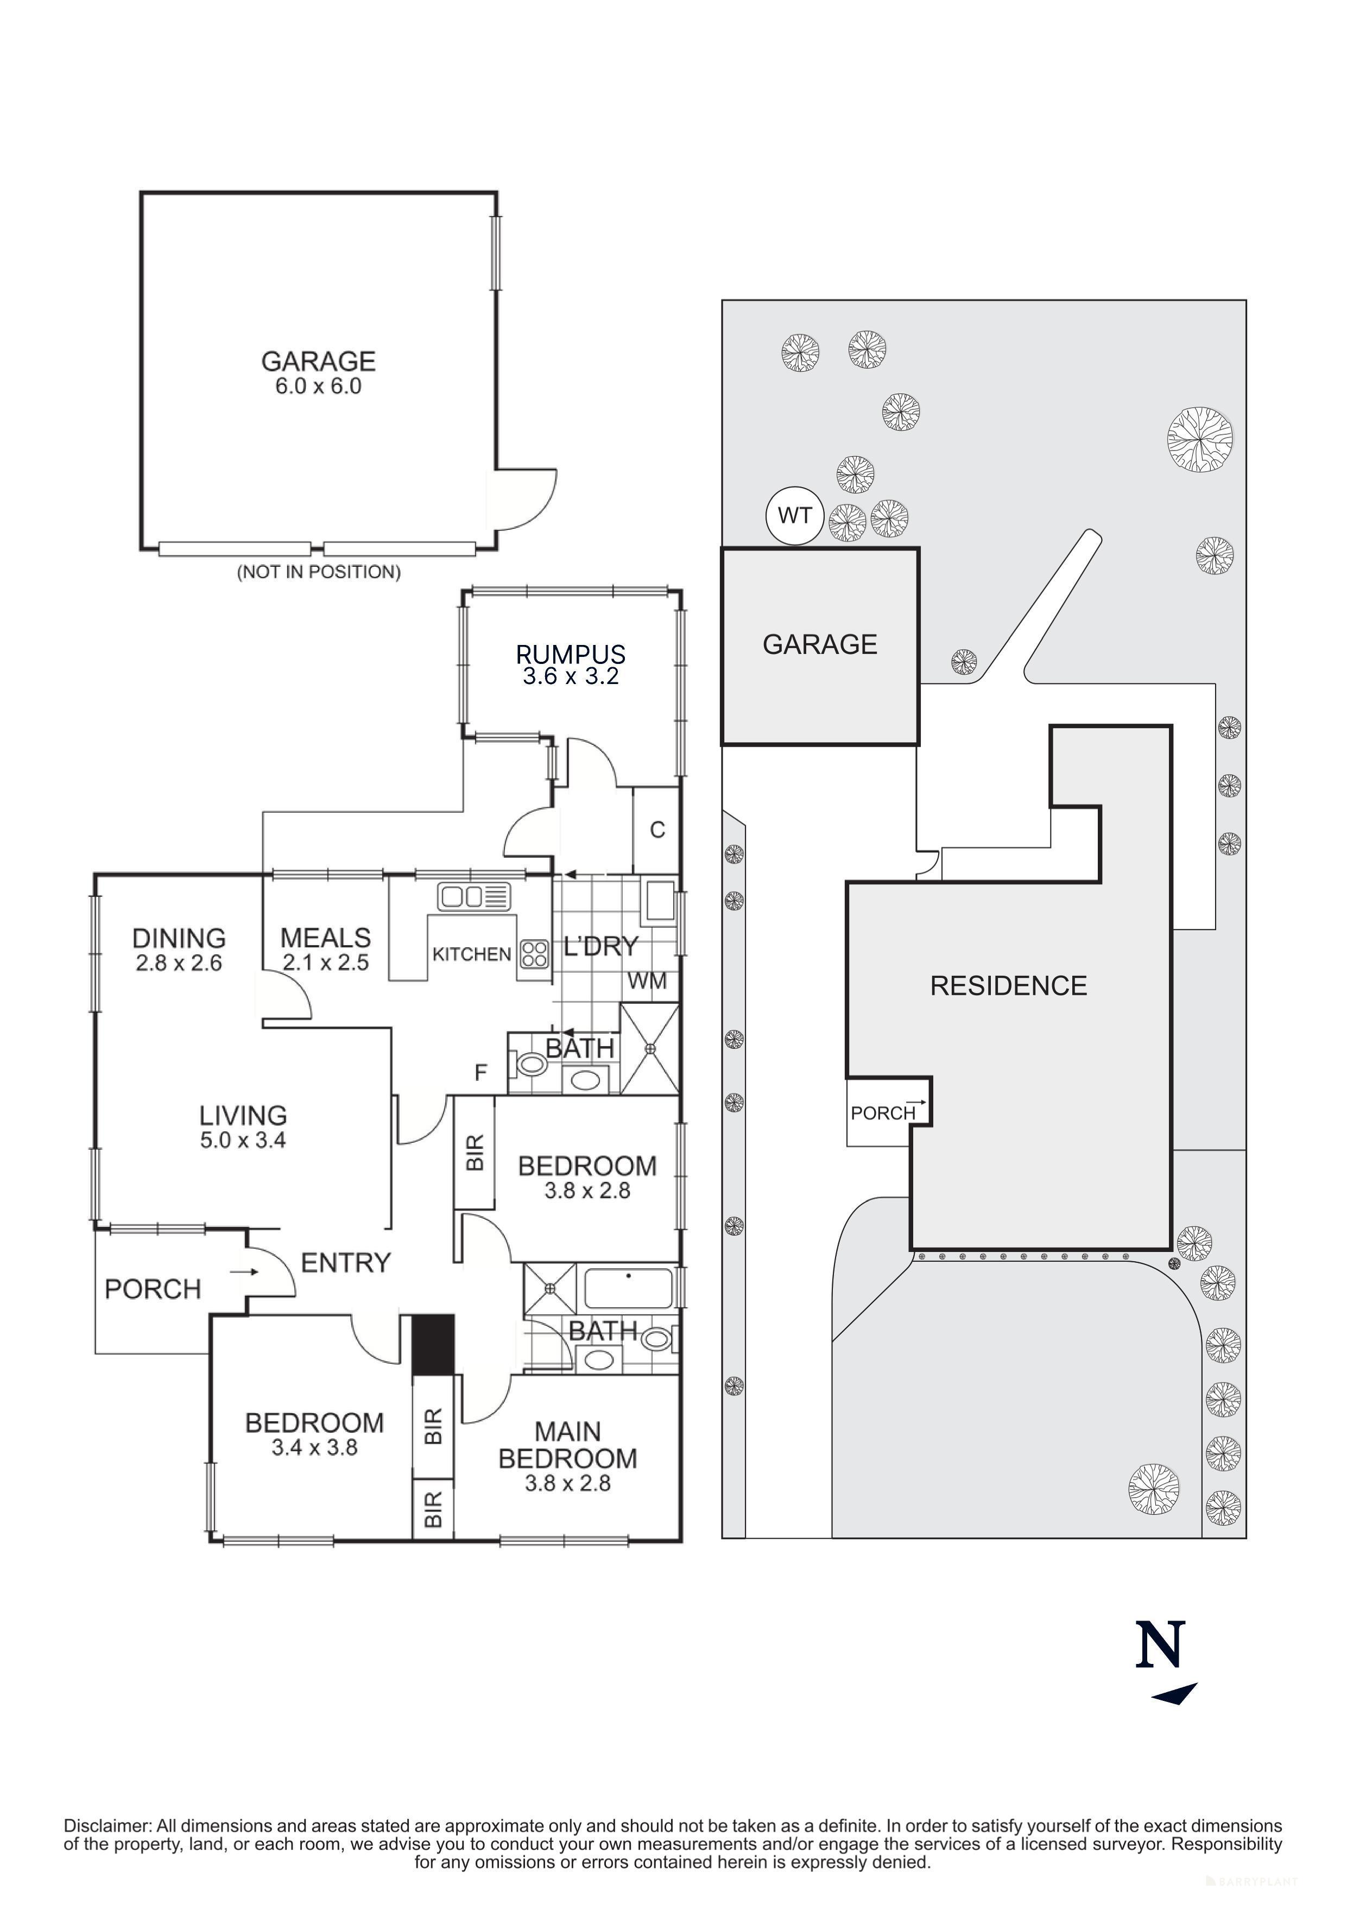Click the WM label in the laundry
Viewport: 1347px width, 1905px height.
[x=647, y=982]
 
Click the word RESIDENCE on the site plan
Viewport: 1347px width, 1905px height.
[x=1008, y=986]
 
